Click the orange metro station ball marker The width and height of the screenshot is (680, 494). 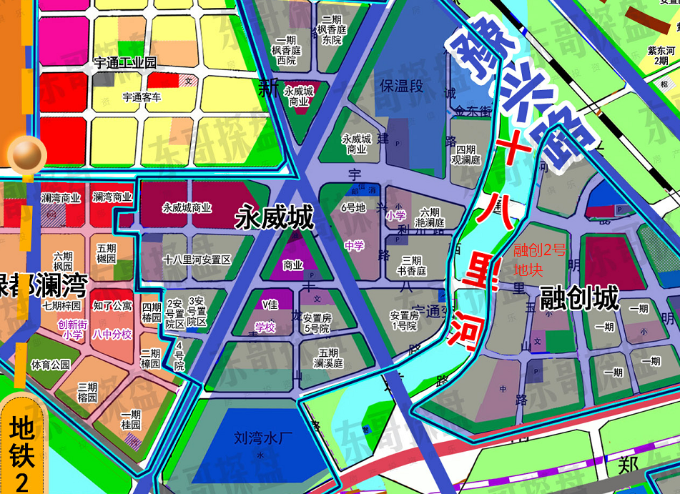point(26,152)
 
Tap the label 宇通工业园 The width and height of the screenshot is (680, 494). point(125,63)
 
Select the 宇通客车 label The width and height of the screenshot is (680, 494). point(142,97)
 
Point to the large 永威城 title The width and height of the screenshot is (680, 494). point(276,218)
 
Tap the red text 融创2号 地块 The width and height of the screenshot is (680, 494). point(540,261)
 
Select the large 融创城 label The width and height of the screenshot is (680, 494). point(579,299)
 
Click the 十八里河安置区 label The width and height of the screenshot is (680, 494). point(197,260)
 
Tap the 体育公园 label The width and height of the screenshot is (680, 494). point(51,365)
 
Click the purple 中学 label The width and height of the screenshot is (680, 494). point(354,246)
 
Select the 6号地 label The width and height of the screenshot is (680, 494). point(353,208)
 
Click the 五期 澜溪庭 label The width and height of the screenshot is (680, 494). point(328,358)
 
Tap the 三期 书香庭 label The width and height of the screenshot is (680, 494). point(413,266)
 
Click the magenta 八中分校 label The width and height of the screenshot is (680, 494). point(112,334)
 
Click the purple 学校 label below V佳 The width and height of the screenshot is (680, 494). point(265,327)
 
